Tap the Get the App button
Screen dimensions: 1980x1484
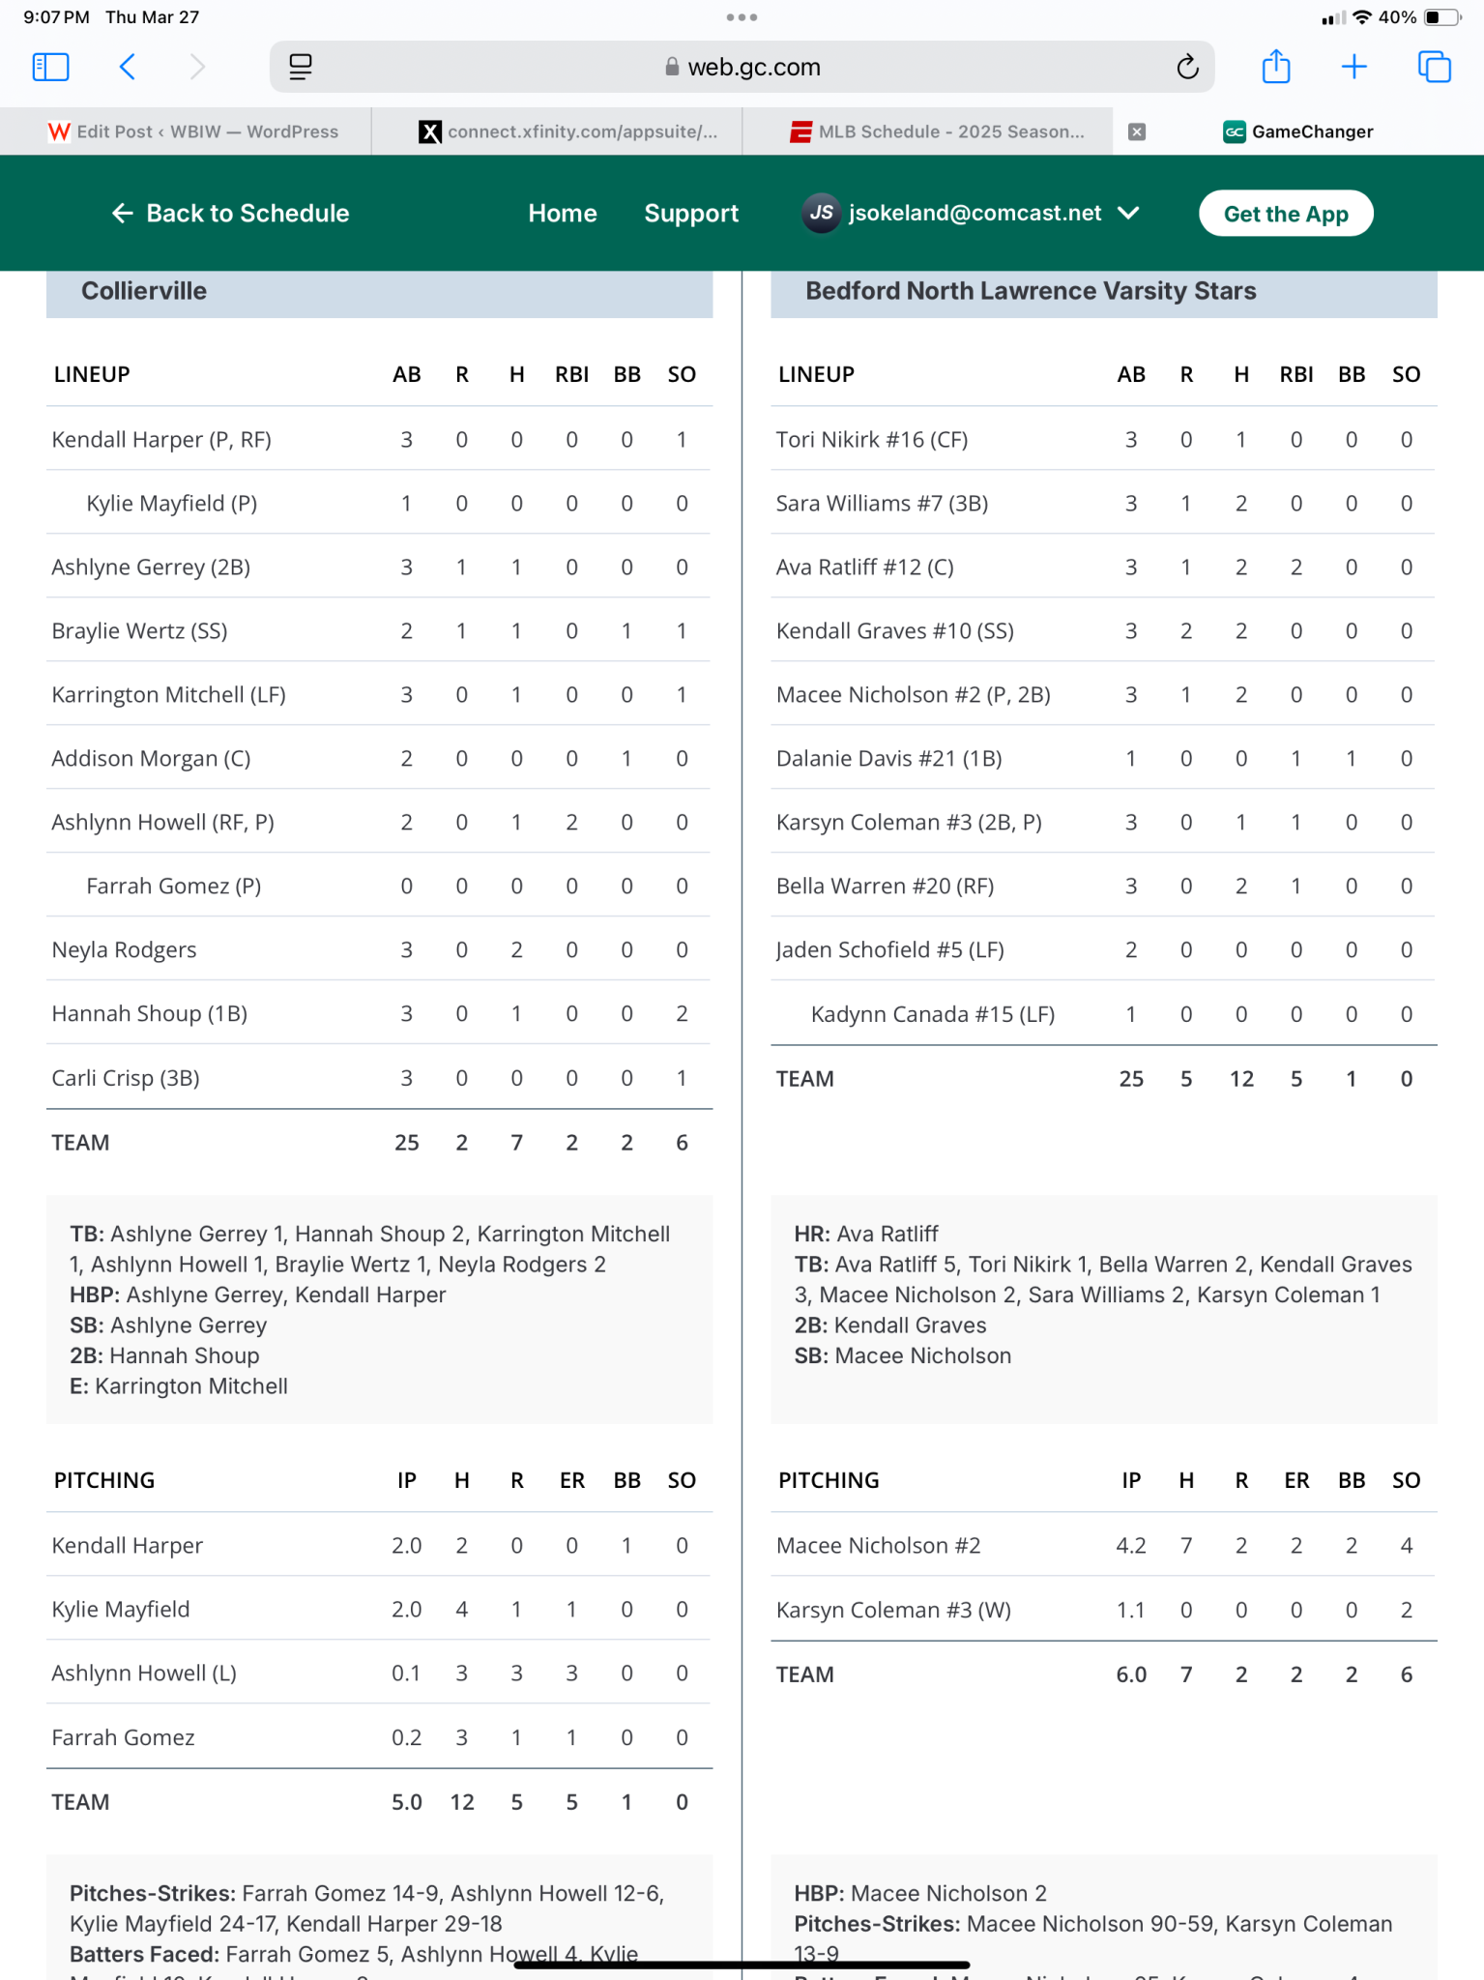(x=1285, y=214)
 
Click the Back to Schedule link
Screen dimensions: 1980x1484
(x=231, y=214)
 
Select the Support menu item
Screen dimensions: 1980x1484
(x=691, y=214)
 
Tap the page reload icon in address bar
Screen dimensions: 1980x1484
(x=1187, y=67)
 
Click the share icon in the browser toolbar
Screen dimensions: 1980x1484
(x=1276, y=67)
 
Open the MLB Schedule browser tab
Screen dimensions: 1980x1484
(x=937, y=131)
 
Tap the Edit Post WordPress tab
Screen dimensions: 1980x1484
(x=193, y=131)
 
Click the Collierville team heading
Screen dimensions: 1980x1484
(x=144, y=291)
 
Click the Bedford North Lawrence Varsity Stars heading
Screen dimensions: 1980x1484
(x=1031, y=291)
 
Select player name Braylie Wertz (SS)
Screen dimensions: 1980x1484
(x=139, y=631)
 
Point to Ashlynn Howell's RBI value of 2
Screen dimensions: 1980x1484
(x=571, y=823)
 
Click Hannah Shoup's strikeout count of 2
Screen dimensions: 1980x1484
(x=682, y=1014)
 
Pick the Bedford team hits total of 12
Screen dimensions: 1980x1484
(x=1241, y=1079)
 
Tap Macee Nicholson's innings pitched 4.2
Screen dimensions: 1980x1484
(x=1130, y=1546)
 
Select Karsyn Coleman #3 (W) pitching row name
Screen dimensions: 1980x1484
(x=893, y=1610)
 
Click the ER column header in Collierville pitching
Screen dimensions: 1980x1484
(x=571, y=1480)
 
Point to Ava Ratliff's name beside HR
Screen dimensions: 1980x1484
(x=887, y=1234)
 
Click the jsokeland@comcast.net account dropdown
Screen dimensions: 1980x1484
(x=971, y=214)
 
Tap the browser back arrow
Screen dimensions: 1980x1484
(x=128, y=67)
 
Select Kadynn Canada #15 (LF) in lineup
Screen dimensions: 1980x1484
(x=932, y=1014)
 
